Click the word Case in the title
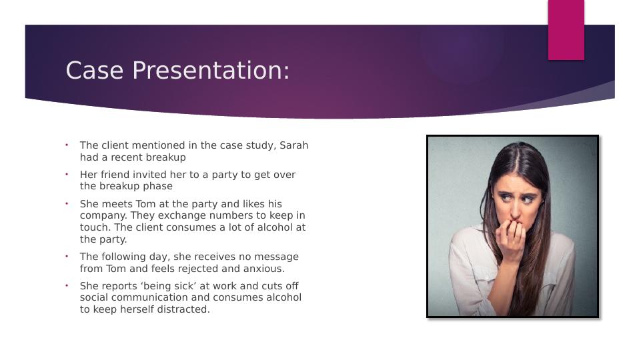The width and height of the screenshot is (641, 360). (95, 70)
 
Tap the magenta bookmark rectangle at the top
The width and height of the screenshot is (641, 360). (566, 30)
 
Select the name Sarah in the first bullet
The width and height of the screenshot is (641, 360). (294, 145)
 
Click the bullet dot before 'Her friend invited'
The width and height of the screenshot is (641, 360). (67, 175)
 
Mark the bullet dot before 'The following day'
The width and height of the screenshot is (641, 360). (67, 257)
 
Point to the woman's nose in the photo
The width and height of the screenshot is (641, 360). (516, 207)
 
